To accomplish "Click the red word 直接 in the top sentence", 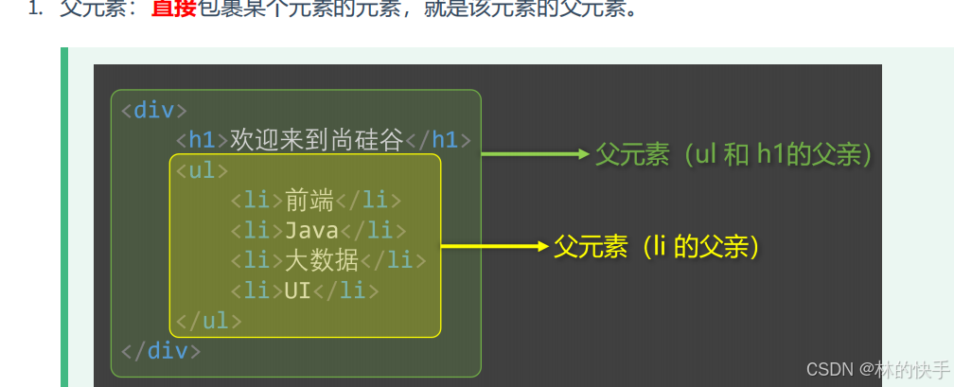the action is pyautogui.click(x=174, y=10).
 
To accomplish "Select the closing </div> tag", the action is pyautogui.click(x=160, y=351).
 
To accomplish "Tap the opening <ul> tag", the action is pyautogui.click(x=202, y=171).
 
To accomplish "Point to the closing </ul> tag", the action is pyautogui.click(x=208, y=321).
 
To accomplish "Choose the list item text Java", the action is pyautogui.click(x=311, y=231).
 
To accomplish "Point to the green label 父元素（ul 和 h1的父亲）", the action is pyautogui.click(x=733, y=154).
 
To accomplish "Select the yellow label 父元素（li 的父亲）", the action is pyautogui.click(x=657, y=248).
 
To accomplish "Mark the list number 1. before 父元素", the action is pyautogui.click(x=35, y=10).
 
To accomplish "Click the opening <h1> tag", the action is pyautogui.click(x=203, y=141).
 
